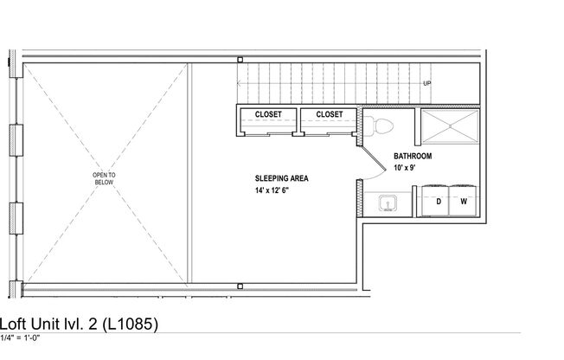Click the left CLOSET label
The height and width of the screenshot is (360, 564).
(267, 114)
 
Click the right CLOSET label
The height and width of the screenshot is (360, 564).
(329, 114)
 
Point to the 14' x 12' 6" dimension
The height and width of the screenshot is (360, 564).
(272, 190)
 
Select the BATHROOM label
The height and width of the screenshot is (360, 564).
(413, 157)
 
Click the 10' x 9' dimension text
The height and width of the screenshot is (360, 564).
(405, 168)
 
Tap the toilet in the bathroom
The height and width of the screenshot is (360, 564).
(381, 126)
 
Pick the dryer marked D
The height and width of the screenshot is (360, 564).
(439, 201)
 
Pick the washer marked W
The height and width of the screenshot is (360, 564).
(464, 201)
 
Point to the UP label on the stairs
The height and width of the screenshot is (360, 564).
(427, 84)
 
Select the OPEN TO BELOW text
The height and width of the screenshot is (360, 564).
(104, 179)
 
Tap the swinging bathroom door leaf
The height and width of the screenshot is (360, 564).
(372, 156)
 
